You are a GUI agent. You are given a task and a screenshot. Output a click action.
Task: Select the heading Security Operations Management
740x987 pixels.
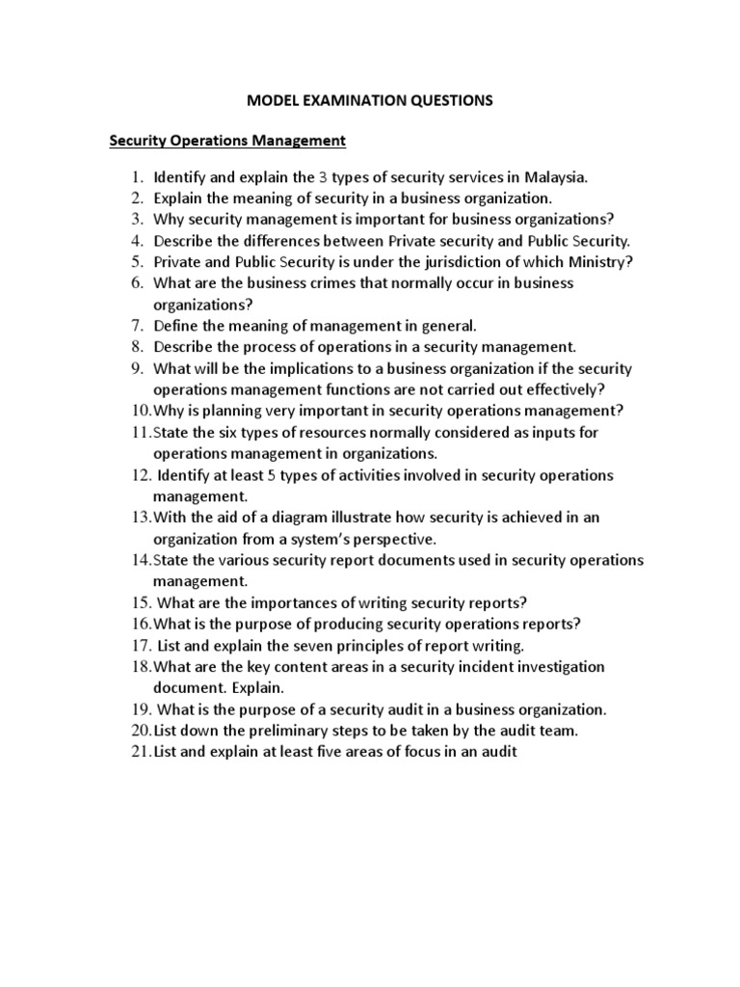226,141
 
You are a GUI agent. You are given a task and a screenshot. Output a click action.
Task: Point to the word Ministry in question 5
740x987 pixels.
600,261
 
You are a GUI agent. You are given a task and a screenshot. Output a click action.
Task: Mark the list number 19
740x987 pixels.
137,709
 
